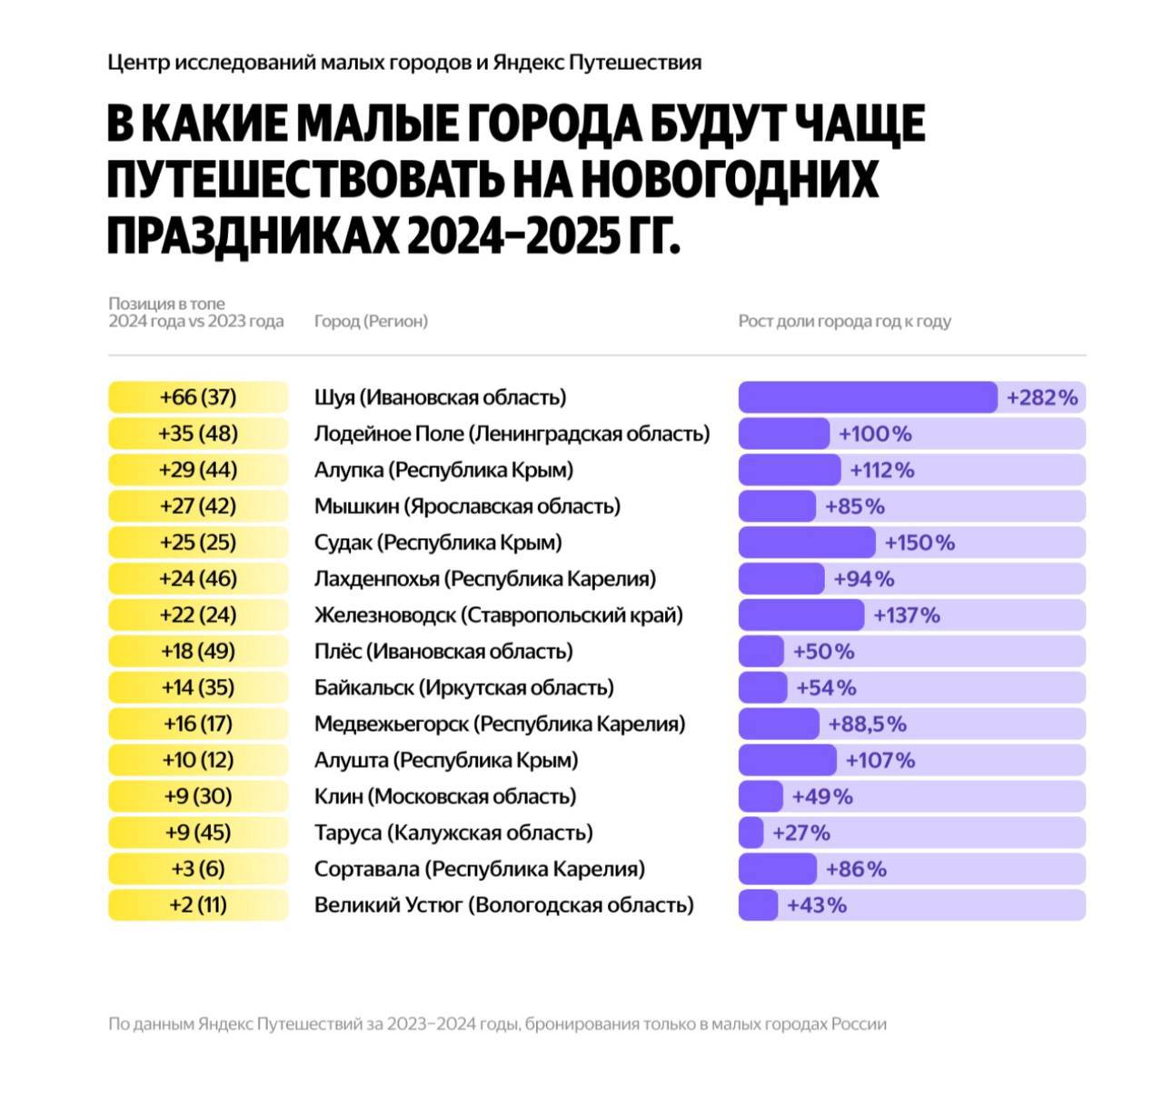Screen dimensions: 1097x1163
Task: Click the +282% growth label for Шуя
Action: [x=1041, y=397]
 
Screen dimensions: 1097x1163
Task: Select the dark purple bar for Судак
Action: [x=807, y=543]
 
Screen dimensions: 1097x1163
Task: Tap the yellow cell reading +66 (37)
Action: [x=198, y=397]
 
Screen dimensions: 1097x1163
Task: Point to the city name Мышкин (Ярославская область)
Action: [x=467, y=506]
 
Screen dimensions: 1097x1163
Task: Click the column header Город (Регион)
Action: [x=371, y=321]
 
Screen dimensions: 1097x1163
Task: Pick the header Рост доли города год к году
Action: [x=844, y=321]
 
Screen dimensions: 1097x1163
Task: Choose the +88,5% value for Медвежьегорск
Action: [x=867, y=724]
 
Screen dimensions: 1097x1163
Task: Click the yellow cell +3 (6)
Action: [x=198, y=869]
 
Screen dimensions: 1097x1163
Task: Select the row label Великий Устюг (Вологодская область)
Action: [x=503, y=905]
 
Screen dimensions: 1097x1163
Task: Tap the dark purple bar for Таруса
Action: [x=751, y=833]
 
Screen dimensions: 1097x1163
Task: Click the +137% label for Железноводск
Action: [x=906, y=615]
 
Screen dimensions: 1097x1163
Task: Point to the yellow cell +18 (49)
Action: [x=198, y=652]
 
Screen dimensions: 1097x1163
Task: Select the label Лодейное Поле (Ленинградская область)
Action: [x=512, y=434]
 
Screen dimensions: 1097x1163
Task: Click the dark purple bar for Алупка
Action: [x=790, y=470]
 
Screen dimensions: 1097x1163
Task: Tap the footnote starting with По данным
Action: [x=497, y=1023]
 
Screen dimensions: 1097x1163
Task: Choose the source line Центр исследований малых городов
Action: [x=404, y=63]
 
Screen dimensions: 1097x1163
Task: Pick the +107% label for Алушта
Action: [x=880, y=760]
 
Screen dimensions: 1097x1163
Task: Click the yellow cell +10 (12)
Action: [x=198, y=760]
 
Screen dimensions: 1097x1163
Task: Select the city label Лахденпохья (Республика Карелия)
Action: [x=484, y=579]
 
